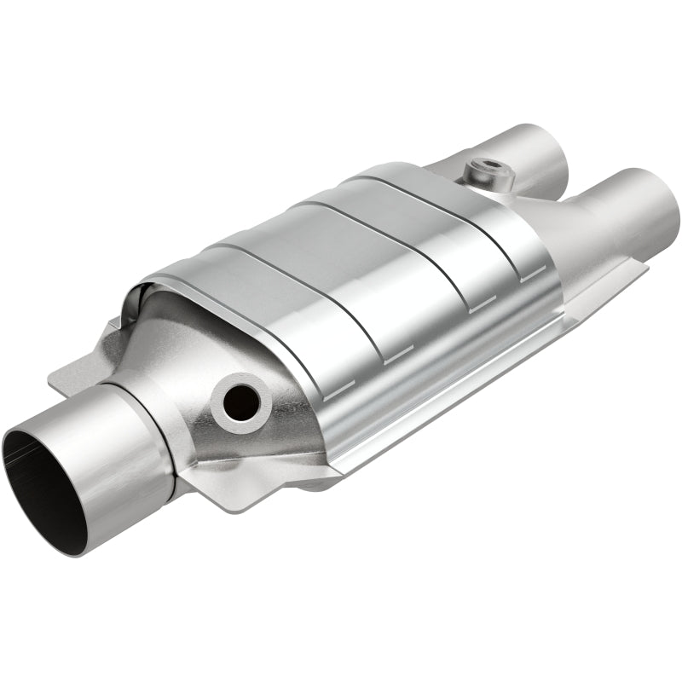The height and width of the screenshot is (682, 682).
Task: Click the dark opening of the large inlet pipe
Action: point(38,477)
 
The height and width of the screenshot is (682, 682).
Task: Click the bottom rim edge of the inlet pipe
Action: point(85,546)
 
